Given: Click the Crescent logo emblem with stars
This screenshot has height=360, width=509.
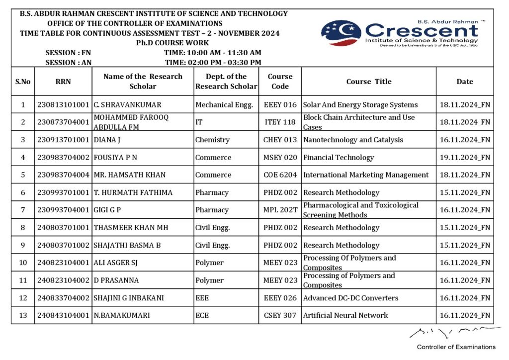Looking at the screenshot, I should (x=340, y=33).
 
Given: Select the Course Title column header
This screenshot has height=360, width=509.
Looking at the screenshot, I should (x=369, y=82).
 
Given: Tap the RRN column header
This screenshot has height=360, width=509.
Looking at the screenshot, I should (x=63, y=82).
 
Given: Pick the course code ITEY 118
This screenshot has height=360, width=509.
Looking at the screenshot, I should (x=280, y=122).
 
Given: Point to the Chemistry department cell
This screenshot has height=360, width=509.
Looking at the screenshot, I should (x=212, y=140).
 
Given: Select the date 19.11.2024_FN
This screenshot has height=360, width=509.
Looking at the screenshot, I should (x=465, y=158).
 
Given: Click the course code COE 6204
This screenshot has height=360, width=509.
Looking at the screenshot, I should (x=280, y=175).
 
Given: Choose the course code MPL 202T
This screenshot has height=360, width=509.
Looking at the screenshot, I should (x=280, y=210).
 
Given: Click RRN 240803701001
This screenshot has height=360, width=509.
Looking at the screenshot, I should (x=63, y=228).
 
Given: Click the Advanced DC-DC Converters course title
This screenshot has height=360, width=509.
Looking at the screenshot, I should (x=351, y=298).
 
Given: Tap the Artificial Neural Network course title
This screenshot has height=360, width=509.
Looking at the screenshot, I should (x=345, y=315).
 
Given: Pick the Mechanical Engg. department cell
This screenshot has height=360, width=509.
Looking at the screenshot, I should (x=224, y=105).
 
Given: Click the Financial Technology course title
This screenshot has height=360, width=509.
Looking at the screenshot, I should (x=339, y=158).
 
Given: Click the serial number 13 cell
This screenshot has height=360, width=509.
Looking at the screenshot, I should (x=23, y=315).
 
